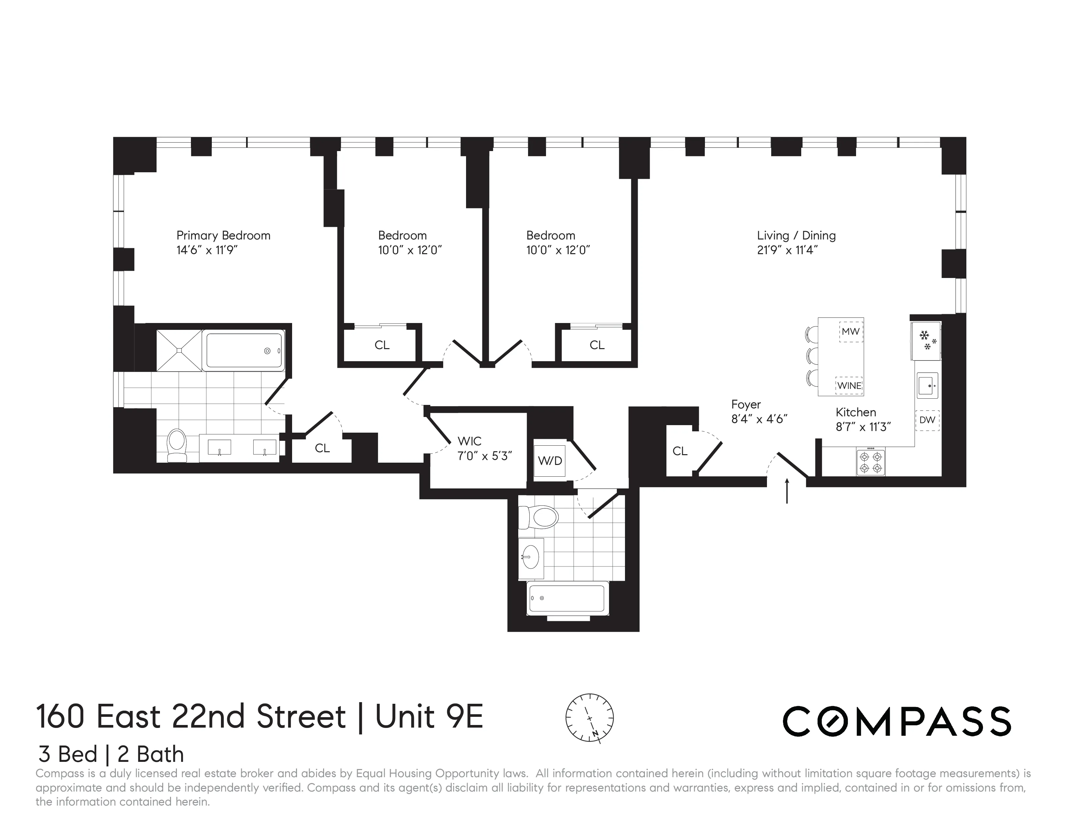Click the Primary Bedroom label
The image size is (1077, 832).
(x=223, y=236)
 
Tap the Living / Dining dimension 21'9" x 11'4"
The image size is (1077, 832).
(x=787, y=250)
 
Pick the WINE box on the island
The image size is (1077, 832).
(x=849, y=385)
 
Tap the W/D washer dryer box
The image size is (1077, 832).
(x=550, y=461)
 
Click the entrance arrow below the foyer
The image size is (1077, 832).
(x=787, y=490)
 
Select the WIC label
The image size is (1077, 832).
(x=469, y=441)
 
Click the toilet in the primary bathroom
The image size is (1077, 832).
(x=177, y=445)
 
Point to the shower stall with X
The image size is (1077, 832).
(x=179, y=350)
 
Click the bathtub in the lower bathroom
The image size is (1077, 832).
(x=568, y=598)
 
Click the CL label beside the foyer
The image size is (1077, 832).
(x=679, y=451)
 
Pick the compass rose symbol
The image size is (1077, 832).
(x=589, y=718)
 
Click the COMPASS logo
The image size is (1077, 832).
(x=897, y=721)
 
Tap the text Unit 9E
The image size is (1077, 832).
(x=429, y=717)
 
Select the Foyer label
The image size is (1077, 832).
(x=746, y=405)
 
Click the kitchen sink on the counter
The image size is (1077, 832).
(x=927, y=385)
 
